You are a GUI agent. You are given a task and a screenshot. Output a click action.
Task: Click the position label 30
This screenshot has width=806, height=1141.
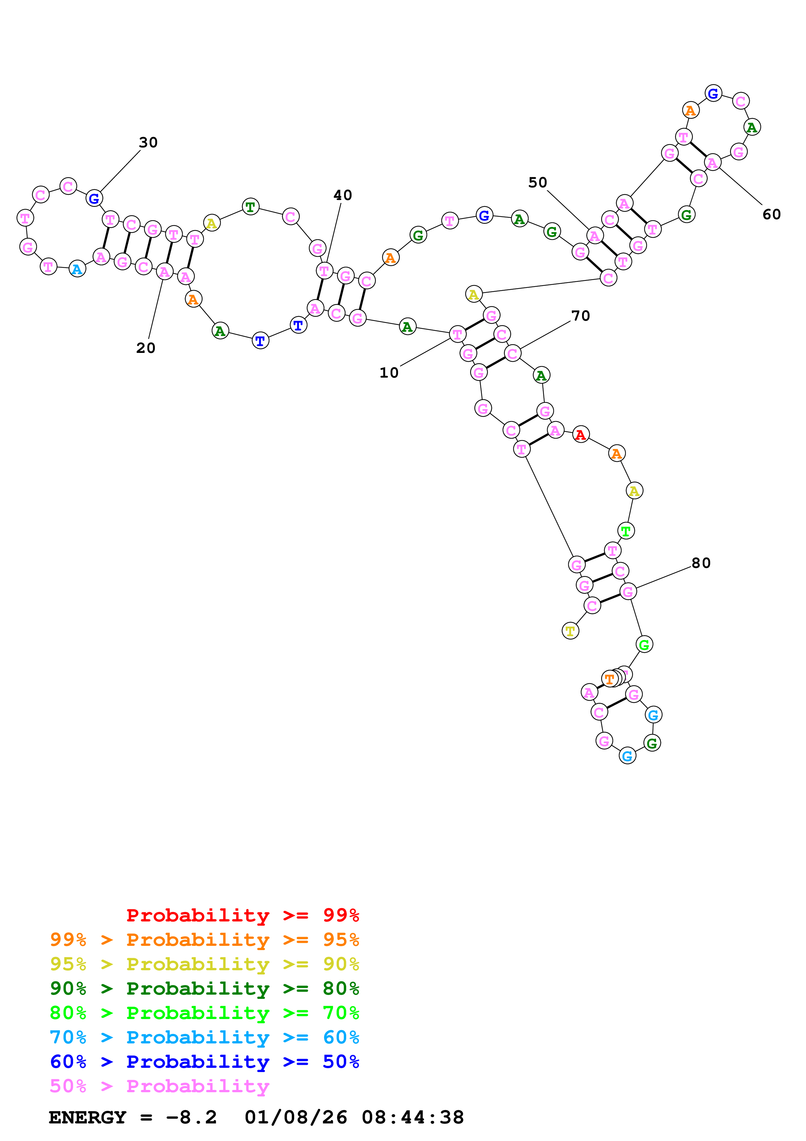coord(148,142)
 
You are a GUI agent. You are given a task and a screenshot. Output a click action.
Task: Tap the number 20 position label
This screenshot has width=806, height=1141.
coord(146,348)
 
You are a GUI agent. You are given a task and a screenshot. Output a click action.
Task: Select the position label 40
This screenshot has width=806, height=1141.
coord(343,195)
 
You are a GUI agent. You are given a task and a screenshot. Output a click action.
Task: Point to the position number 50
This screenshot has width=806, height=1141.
coord(537,183)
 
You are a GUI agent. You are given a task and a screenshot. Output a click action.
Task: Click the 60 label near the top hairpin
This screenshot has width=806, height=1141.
coord(771,215)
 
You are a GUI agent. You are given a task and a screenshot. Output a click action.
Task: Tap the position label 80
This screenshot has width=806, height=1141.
coord(701,563)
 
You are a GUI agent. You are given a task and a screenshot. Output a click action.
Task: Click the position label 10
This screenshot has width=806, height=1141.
coord(389,373)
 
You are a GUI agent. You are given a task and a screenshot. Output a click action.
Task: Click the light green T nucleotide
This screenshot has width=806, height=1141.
coord(626,531)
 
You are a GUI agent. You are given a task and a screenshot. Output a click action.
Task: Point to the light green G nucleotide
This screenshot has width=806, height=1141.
coord(644,645)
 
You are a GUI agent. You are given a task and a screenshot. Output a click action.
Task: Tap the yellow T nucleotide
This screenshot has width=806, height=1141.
coord(570,631)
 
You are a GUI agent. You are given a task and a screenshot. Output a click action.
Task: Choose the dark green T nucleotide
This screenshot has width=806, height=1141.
coord(250,207)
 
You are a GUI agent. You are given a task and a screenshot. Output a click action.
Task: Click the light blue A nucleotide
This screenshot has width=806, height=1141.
coord(77,269)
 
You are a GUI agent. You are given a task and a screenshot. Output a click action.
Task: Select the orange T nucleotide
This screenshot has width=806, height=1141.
coord(609,679)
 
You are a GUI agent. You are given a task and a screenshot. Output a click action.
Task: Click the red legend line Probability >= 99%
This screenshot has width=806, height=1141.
coord(242,915)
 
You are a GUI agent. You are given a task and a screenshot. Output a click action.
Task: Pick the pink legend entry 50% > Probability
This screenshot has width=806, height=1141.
coord(159,1086)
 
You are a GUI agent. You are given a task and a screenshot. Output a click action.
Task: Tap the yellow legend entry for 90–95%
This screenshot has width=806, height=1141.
coord(204,964)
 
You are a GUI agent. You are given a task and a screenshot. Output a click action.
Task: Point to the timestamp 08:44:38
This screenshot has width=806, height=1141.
coord(412,1118)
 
